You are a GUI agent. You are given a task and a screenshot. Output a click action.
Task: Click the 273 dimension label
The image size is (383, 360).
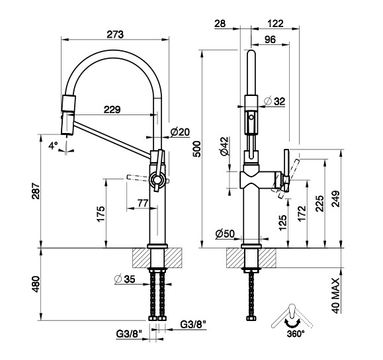(115, 34)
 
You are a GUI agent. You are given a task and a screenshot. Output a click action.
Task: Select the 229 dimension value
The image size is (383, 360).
(112, 109)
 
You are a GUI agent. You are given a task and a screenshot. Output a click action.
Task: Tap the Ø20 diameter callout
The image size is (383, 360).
(180, 132)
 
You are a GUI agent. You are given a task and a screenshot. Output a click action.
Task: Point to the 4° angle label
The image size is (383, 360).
(53, 146)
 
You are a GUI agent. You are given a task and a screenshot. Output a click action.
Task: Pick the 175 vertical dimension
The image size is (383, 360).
(101, 214)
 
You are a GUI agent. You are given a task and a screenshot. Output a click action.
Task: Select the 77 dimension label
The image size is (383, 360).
(143, 203)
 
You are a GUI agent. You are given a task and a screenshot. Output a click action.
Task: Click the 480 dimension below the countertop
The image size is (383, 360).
(36, 285)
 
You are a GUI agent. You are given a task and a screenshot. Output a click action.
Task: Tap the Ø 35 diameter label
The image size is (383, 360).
(124, 279)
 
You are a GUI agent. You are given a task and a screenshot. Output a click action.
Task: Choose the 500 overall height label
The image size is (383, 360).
(197, 149)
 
